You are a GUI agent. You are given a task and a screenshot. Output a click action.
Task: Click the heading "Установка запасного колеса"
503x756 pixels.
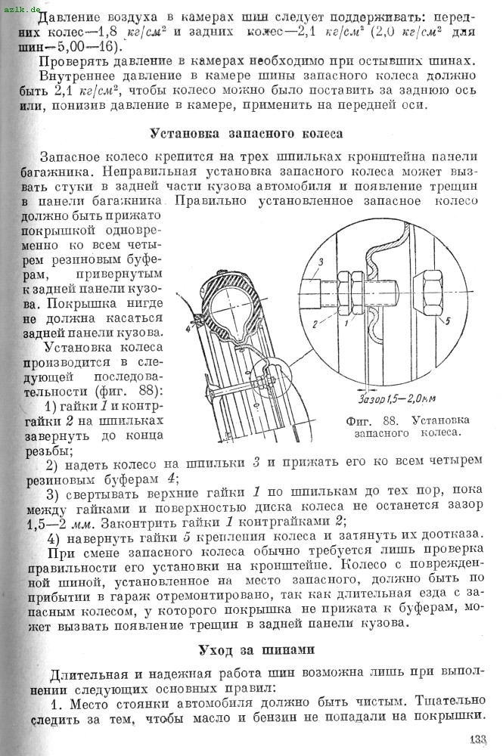[x=247, y=133]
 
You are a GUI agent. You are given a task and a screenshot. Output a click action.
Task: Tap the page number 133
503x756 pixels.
[x=477, y=740]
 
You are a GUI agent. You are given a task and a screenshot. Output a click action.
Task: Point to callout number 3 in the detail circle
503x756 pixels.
[x=321, y=262]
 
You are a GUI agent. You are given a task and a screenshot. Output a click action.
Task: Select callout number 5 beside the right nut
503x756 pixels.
[x=447, y=321]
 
